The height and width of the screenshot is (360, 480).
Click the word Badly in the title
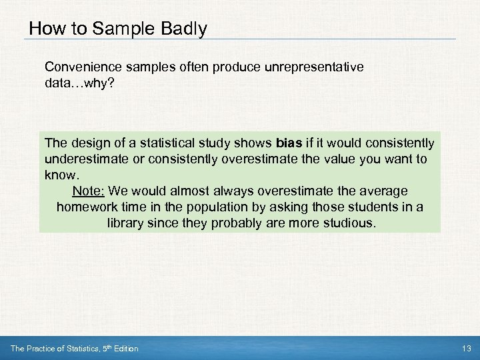pyautogui.click(x=182, y=29)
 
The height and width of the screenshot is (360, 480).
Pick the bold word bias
pyautogui.click(x=287, y=143)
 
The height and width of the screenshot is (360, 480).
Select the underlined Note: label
pyautogui.click(x=88, y=191)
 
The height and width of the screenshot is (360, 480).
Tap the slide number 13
pyautogui.click(x=465, y=349)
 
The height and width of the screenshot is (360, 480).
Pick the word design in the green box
pyautogui.click(x=85, y=143)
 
